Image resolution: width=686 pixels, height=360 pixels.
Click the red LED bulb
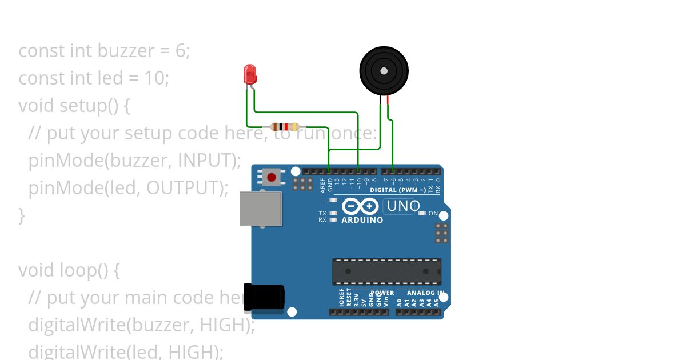pos(250,74)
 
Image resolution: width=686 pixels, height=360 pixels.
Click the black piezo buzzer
pos(384,71)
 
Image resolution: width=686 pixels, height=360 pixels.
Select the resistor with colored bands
pos(285,127)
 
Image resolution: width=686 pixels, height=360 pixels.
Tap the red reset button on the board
pos(272,177)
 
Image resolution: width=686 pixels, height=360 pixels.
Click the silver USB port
pos(260,209)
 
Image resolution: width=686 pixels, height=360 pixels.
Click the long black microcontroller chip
pos(386,271)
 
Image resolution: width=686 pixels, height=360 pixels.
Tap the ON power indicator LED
pos(422,213)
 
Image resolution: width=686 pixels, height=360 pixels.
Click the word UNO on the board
pos(403,206)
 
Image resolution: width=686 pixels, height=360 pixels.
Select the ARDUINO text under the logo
pos(362,220)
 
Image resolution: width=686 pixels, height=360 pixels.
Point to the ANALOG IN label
pos(425,293)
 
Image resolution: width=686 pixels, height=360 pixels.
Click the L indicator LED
pos(333,200)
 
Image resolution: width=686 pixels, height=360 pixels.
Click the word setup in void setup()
pos(82,106)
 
